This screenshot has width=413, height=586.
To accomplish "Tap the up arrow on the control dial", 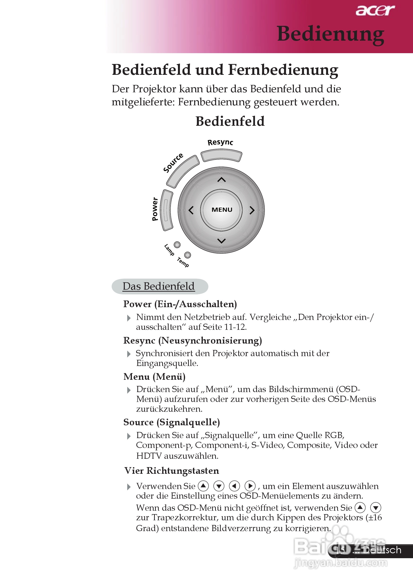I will (x=221, y=180).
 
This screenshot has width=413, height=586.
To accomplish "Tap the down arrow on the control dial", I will (x=221, y=241).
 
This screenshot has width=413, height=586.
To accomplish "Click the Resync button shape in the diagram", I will (x=221, y=156).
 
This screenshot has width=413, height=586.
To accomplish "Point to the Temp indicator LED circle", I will (x=188, y=255).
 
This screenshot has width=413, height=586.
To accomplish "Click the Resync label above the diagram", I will (x=220, y=143).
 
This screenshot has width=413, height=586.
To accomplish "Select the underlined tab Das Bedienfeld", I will (x=159, y=286).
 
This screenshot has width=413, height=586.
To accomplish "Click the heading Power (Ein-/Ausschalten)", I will (x=180, y=304).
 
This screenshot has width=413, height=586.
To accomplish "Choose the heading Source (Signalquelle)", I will (x=172, y=422).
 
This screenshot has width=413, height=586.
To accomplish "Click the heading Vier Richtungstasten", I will (x=172, y=470).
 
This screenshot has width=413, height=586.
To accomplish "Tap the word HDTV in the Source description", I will (x=149, y=456).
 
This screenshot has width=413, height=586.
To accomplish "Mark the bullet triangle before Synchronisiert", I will (x=129, y=354).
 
